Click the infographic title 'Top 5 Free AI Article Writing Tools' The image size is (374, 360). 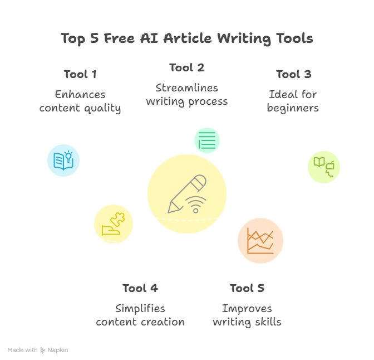(187, 38)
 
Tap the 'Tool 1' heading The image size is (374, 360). (80, 74)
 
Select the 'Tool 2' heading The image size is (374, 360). (187, 67)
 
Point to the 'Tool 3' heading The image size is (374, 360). (294, 74)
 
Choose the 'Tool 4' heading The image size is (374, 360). (140, 288)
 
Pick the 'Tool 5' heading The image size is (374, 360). (247, 288)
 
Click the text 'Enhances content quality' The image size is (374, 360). (80, 101)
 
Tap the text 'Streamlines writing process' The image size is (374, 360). (187, 95)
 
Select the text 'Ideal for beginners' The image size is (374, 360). (293, 101)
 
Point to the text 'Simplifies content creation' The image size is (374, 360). (140, 315)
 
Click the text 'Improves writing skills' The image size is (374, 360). (247, 315)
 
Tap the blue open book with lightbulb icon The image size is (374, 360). (63, 160)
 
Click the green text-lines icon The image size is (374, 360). (207, 140)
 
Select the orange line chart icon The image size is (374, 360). (260, 241)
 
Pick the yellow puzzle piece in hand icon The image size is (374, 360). (114, 224)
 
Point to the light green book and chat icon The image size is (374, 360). (324, 167)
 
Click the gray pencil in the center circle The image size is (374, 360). (187, 194)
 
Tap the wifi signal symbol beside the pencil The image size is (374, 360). (196, 205)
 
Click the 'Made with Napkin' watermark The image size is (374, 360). (38, 350)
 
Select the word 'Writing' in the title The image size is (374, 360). (244, 38)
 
